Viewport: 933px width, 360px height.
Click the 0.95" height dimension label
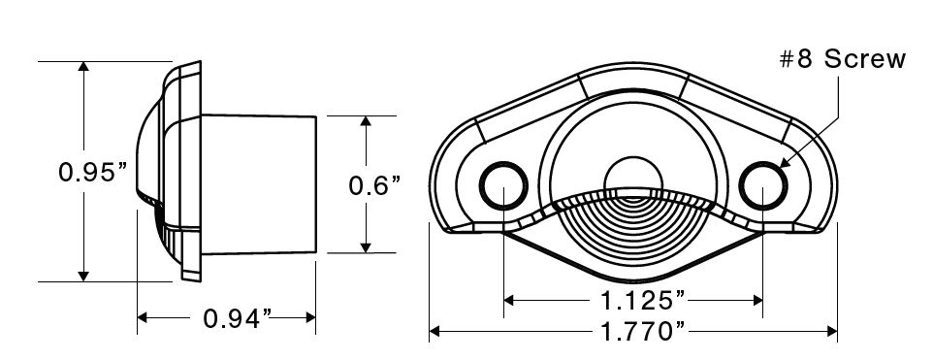pyautogui.click(x=93, y=173)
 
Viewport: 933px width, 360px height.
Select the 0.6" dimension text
pyautogui.click(x=374, y=185)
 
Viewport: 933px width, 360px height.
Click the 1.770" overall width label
pyautogui.click(x=642, y=332)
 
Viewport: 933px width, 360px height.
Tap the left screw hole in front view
pyautogui.click(x=503, y=185)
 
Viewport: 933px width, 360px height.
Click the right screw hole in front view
pyautogui.click(x=763, y=185)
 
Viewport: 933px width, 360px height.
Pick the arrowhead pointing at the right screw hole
pyautogui.click(x=785, y=162)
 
